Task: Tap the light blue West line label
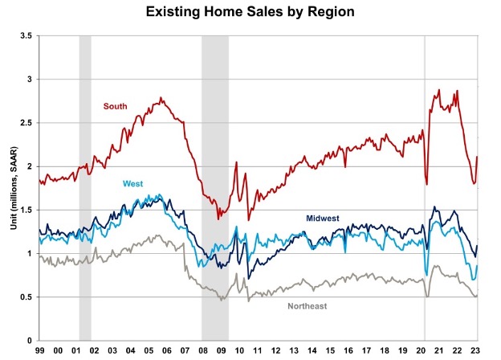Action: click(133, 184)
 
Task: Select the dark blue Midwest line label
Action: click(324, 219)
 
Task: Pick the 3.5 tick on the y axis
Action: click(26, 36)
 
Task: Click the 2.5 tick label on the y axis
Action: click(26, 123)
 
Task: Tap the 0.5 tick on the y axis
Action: click(26, 297)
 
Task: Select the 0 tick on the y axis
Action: click(29, 340)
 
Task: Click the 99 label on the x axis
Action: click(39, 351)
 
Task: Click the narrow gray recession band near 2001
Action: click(84, 188)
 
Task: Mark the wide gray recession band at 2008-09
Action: click(214, 188)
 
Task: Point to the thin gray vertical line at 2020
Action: click(426, 188)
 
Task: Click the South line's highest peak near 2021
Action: click(438, 91)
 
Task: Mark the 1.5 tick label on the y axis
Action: click(26, 210)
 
